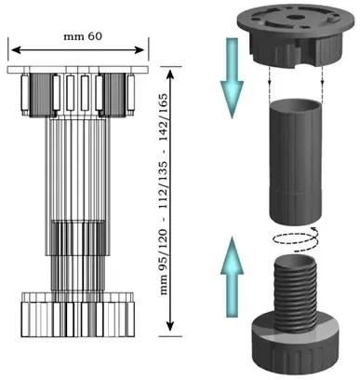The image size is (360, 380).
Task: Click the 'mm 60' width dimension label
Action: (x=83, y=36)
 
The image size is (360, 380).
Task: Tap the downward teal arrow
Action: (x=232, y=78)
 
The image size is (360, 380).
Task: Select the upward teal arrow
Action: (x=232, y=277)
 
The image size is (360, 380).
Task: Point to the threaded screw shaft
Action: (x=296, y=292)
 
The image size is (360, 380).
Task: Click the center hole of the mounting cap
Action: (x=292, y=17)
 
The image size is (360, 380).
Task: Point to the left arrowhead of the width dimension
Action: (x=16, y=49)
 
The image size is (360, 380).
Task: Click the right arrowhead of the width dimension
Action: (x=140, y=49)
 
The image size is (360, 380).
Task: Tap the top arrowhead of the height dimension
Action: (x=170, y=75)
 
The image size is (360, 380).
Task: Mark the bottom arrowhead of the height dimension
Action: (x=170, y=327)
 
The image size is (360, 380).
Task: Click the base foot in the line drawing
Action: (x=78, y=315)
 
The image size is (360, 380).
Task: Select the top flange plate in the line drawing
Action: (x=78, y=70)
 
